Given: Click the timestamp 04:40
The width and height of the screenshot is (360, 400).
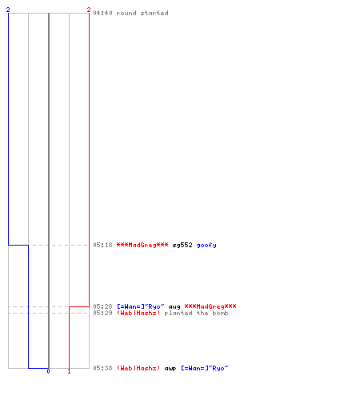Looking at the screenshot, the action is point(102,13).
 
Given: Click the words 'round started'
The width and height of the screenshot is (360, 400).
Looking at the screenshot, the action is point(142,13).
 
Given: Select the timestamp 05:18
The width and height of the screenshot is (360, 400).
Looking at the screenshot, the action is point(102,245).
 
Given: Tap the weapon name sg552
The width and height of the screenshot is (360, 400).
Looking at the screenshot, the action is point(182,245).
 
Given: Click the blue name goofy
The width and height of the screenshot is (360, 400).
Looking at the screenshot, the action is point(206,246).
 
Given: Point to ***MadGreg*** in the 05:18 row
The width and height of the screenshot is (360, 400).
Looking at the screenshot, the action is point(142,245).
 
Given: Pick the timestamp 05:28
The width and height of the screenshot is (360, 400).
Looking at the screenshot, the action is point(102,306).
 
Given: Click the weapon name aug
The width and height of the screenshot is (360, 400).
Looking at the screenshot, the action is point(174,307).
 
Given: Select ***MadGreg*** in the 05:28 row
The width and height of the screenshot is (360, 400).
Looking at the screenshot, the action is point(210,306).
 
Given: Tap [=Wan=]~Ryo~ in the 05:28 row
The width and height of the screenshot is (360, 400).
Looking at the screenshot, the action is point(141,306).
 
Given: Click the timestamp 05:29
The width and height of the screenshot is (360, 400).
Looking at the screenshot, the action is point(102,313).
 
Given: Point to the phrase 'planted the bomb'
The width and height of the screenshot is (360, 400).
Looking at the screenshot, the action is point(196,313).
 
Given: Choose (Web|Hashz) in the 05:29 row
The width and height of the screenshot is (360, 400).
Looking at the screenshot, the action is point(138,313).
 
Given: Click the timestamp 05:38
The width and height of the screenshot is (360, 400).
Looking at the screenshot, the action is point(102,368).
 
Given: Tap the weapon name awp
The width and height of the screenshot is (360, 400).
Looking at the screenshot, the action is point(170,369).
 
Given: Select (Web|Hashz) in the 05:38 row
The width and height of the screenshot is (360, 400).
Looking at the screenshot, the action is point(138,368).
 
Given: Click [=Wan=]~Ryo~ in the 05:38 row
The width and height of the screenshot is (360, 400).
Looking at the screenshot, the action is point(205,368).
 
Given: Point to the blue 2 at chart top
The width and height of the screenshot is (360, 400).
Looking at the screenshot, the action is point(8,10).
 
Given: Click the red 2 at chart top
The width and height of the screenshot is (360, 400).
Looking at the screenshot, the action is point(89,10).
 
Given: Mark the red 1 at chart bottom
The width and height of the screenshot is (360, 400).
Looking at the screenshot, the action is point(69,371).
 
